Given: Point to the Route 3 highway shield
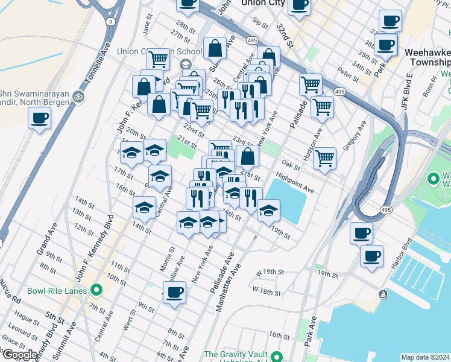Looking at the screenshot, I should coord(110,21).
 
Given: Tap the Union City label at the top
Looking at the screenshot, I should coord(262,3).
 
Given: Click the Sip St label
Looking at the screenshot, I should coord(260,23).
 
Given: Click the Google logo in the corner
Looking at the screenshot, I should coord(19,355).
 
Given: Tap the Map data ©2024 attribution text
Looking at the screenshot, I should coord(425,357).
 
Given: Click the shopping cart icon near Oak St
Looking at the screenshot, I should coord(325,158).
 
